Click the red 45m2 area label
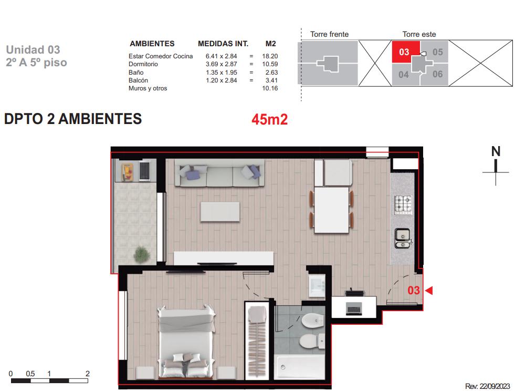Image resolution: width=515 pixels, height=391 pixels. coord(269,119)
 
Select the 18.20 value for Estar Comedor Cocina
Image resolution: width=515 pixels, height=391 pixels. coord(270,56)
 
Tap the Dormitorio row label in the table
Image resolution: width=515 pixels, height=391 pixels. coord(143,64)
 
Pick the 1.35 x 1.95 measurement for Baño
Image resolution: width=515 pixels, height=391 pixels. coord(222,73)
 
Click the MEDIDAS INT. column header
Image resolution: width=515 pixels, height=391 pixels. coord(223,44)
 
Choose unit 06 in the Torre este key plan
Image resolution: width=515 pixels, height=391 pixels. coord(437,74)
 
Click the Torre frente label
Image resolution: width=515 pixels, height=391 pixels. coord(330,34)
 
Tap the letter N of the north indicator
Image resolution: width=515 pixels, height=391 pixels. coord(496,151)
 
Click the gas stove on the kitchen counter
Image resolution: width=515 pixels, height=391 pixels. coord(403,204)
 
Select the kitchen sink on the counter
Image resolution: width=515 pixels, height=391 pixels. coord(402,238)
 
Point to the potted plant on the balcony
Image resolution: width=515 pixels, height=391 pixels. coord(142,254)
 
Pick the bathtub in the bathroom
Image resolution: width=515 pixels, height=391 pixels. coord(300,366)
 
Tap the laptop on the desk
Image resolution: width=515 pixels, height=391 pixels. coord(354,309)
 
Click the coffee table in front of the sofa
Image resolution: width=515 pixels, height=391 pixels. coord(220,212)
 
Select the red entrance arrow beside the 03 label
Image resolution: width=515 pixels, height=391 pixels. coord(428,291)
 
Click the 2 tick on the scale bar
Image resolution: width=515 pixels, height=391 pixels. coord(87,374)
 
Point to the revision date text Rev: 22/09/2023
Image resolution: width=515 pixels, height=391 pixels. coord(487,386)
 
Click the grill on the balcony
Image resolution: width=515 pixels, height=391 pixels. coord(144,170)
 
